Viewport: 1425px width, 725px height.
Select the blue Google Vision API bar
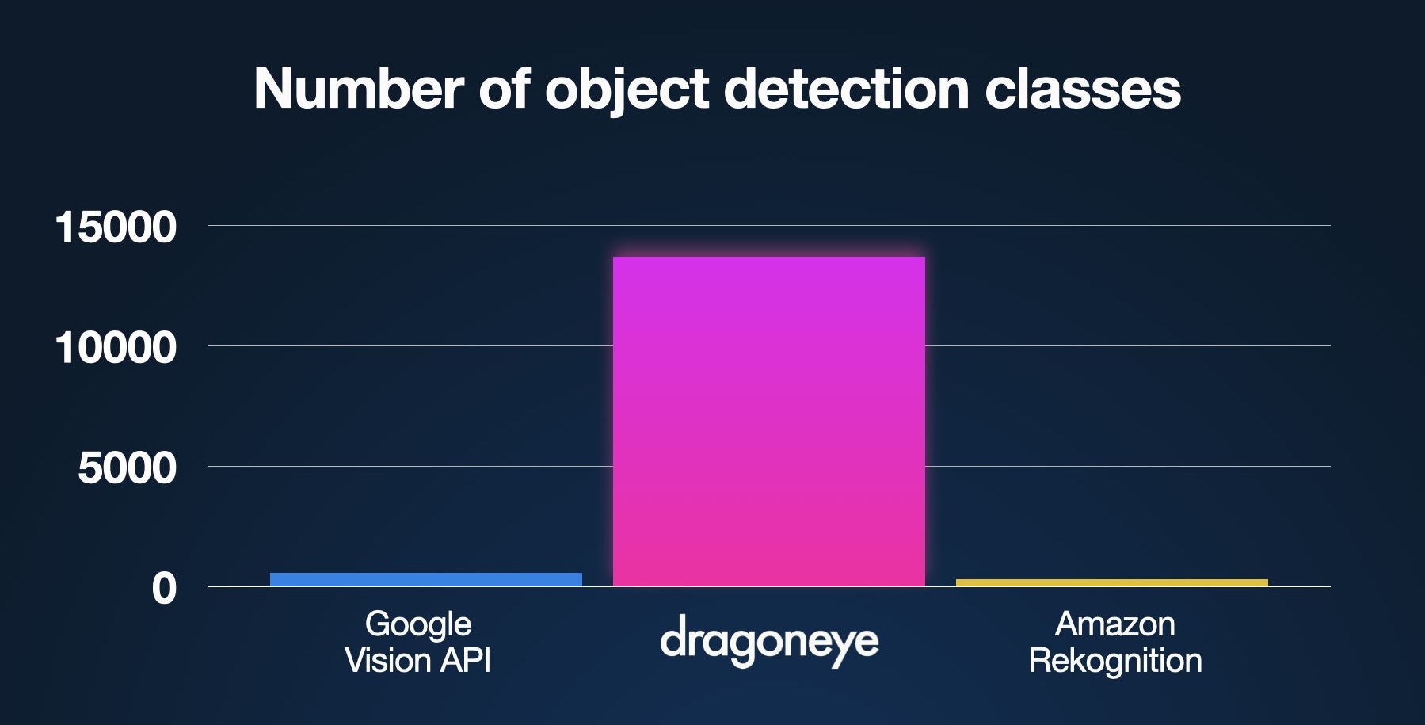pyautogui.click(x=425, y=579)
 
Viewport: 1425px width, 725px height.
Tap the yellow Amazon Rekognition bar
pyautogui.click(x=1111, y=582)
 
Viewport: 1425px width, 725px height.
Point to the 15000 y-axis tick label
pyautogui.click(x=116, y=227)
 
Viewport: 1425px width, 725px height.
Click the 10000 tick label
pyautogui.click(x=116, y=348)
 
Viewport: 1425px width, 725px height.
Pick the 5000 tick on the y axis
pyautogui.click(x=127, y=468)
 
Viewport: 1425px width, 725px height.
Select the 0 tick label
pyautogui.click(x=164, y=589)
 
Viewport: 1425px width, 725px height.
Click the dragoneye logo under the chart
pyautogui.click(x=769, y=642)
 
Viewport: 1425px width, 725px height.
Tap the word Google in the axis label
pyautogui.click(x=418, y=624)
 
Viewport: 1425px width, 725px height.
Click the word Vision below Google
pyautogui.click(x=389, y=660)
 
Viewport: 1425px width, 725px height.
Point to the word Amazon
pyautogui.click(x=1114, y=624)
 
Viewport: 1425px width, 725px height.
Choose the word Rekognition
pyautogui.click(x=1114, y=660)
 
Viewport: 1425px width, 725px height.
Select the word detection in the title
pyautogui.click(x=846, y=88)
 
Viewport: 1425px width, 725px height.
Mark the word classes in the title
pyautogui.click(x=1083, y=88)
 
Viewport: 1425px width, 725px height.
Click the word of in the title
pyautogui.click(x=505, y=88)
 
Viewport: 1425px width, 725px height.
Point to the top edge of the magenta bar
pyautogui.click(x=768, y=258)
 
